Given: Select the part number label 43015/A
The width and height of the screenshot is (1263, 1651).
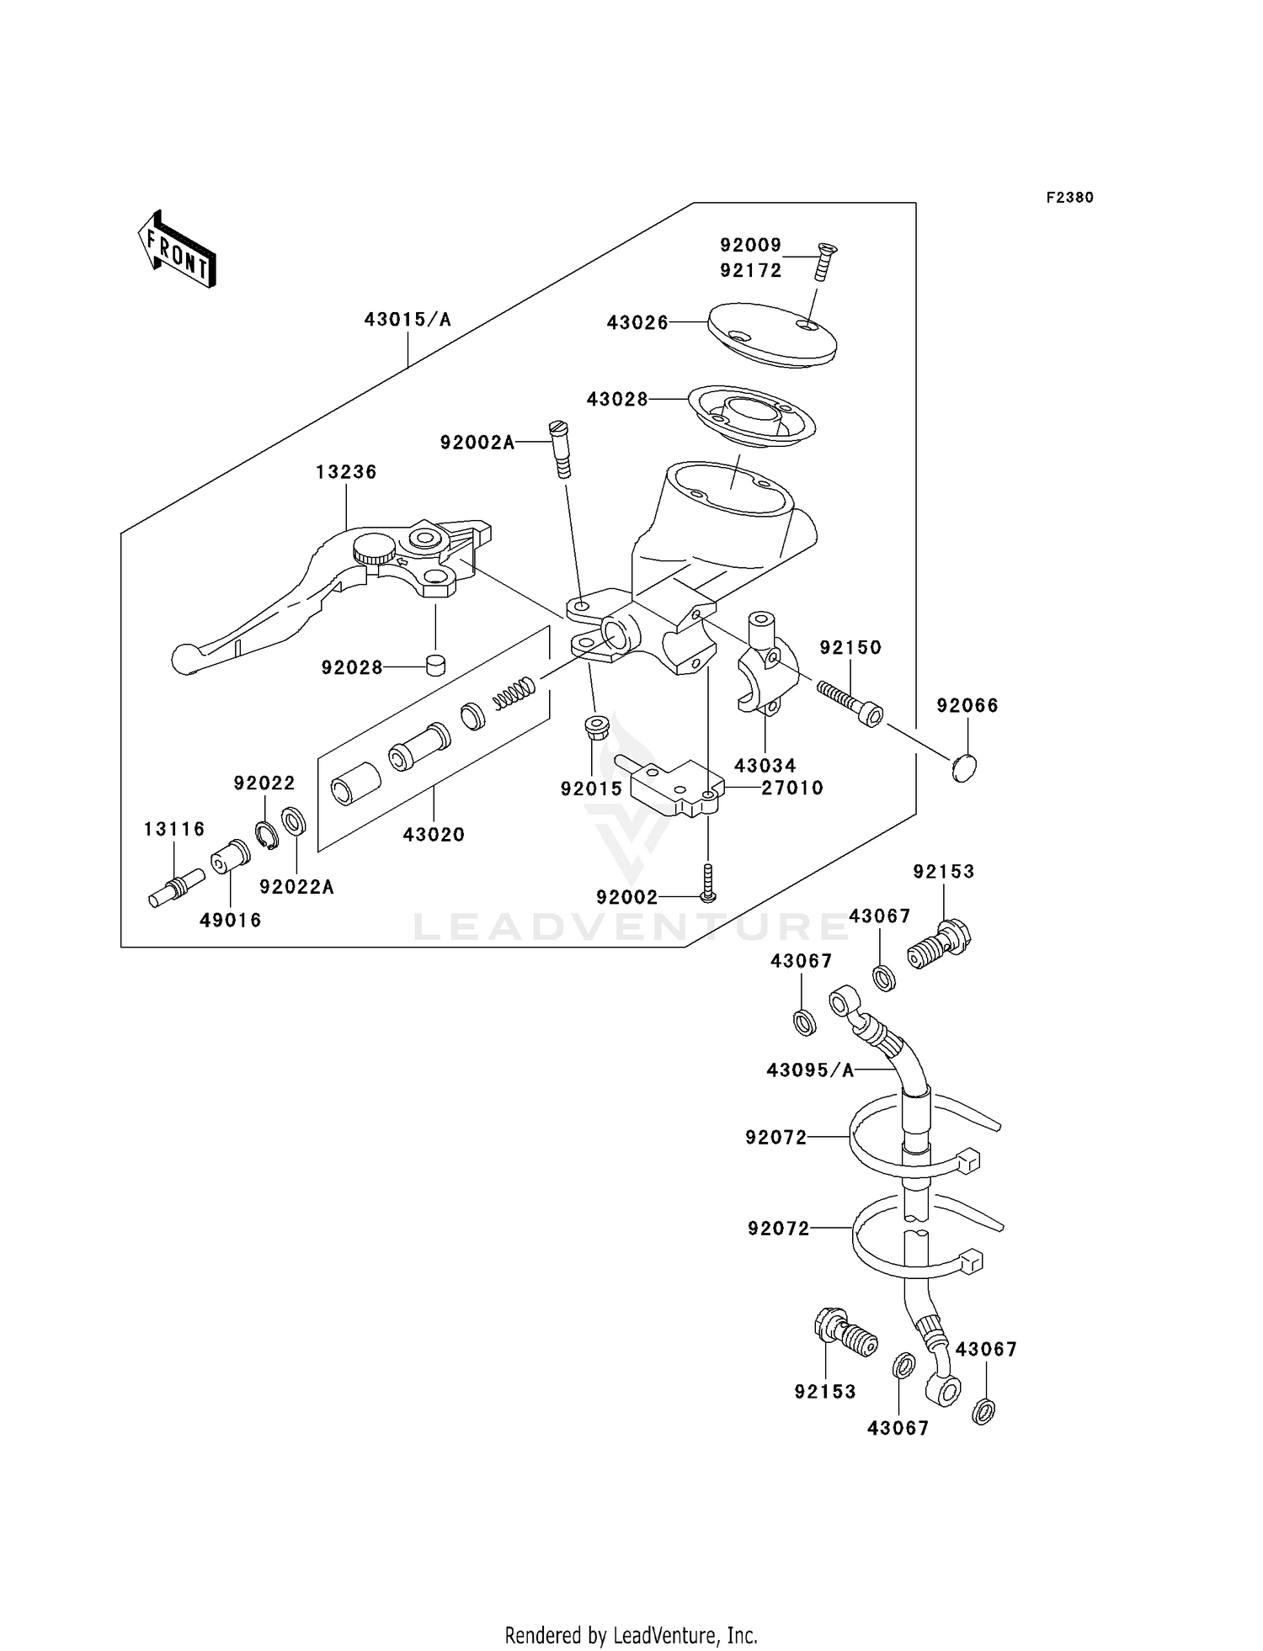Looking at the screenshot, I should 408,320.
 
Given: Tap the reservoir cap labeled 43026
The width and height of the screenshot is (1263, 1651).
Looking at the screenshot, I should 772,334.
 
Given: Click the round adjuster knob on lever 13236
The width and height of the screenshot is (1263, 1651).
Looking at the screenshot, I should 374,550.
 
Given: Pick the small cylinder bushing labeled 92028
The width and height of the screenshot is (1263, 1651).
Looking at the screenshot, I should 435,666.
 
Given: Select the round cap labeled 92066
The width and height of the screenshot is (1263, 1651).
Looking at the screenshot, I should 965,768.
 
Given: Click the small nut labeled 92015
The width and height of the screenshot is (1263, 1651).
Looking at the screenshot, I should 597,728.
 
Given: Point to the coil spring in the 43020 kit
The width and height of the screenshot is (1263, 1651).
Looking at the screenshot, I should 514,693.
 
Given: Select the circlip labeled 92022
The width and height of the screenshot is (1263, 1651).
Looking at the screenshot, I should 266,832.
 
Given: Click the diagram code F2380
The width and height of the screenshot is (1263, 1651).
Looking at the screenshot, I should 1069,198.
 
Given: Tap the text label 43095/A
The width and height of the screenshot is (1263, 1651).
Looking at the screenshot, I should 810,1070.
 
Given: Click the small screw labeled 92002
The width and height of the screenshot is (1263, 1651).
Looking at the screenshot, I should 708,883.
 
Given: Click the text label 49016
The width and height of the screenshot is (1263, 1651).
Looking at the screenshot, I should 230,921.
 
